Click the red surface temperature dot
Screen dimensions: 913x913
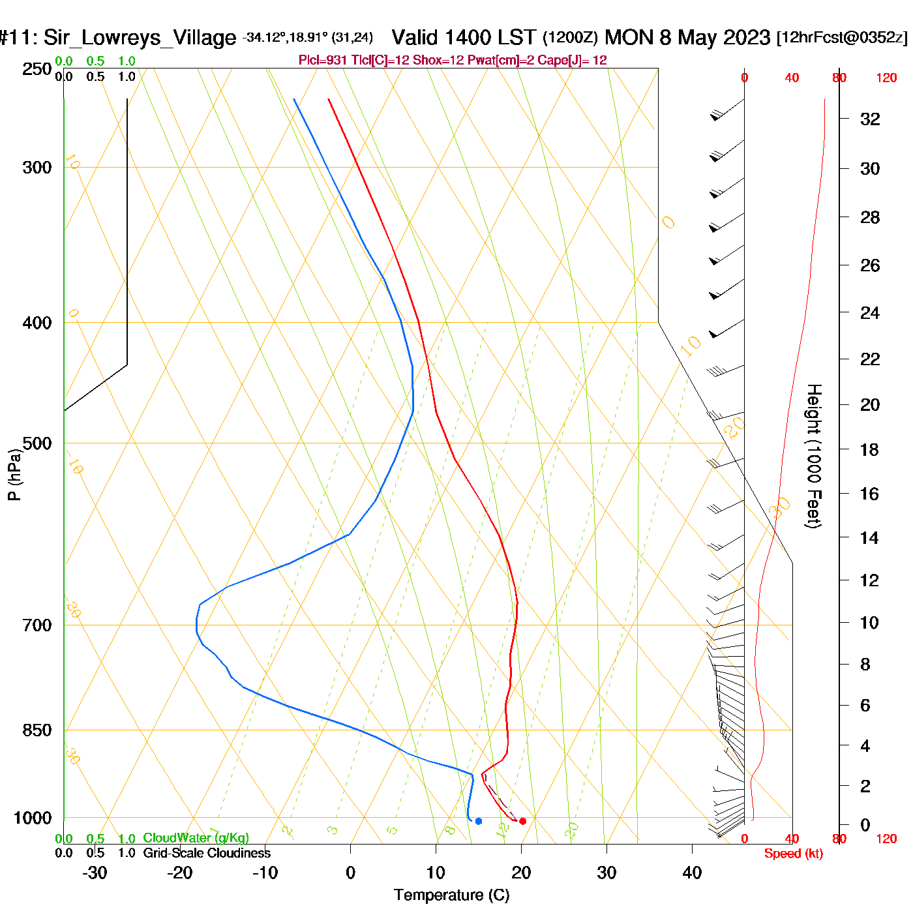[x=522, y=821]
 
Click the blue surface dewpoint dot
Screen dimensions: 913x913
[x=479, y=821]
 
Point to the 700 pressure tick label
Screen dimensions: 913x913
[x=37, y=625]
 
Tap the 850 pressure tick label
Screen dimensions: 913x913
[x=37, y=730]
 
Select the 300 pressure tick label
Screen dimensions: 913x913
[x=37, y=168]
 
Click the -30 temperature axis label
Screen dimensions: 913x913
[x=95, y=873]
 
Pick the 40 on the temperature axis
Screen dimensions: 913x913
[x=692, y=873]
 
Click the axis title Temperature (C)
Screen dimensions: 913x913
[x=451, y=895]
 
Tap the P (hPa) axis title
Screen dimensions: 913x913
[x=14, y=474]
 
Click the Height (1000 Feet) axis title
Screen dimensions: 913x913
[x=814, y=456]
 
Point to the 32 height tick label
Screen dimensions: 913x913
[x=870, y=119]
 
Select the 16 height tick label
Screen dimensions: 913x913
[x=869, y=494]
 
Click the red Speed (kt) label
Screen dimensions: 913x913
[x=793, y=854]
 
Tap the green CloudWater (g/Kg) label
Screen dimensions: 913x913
[x=196, y=838]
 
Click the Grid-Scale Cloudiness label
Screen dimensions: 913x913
[x=207, y=853]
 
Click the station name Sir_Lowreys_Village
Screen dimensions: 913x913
[x=140, y=38]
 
